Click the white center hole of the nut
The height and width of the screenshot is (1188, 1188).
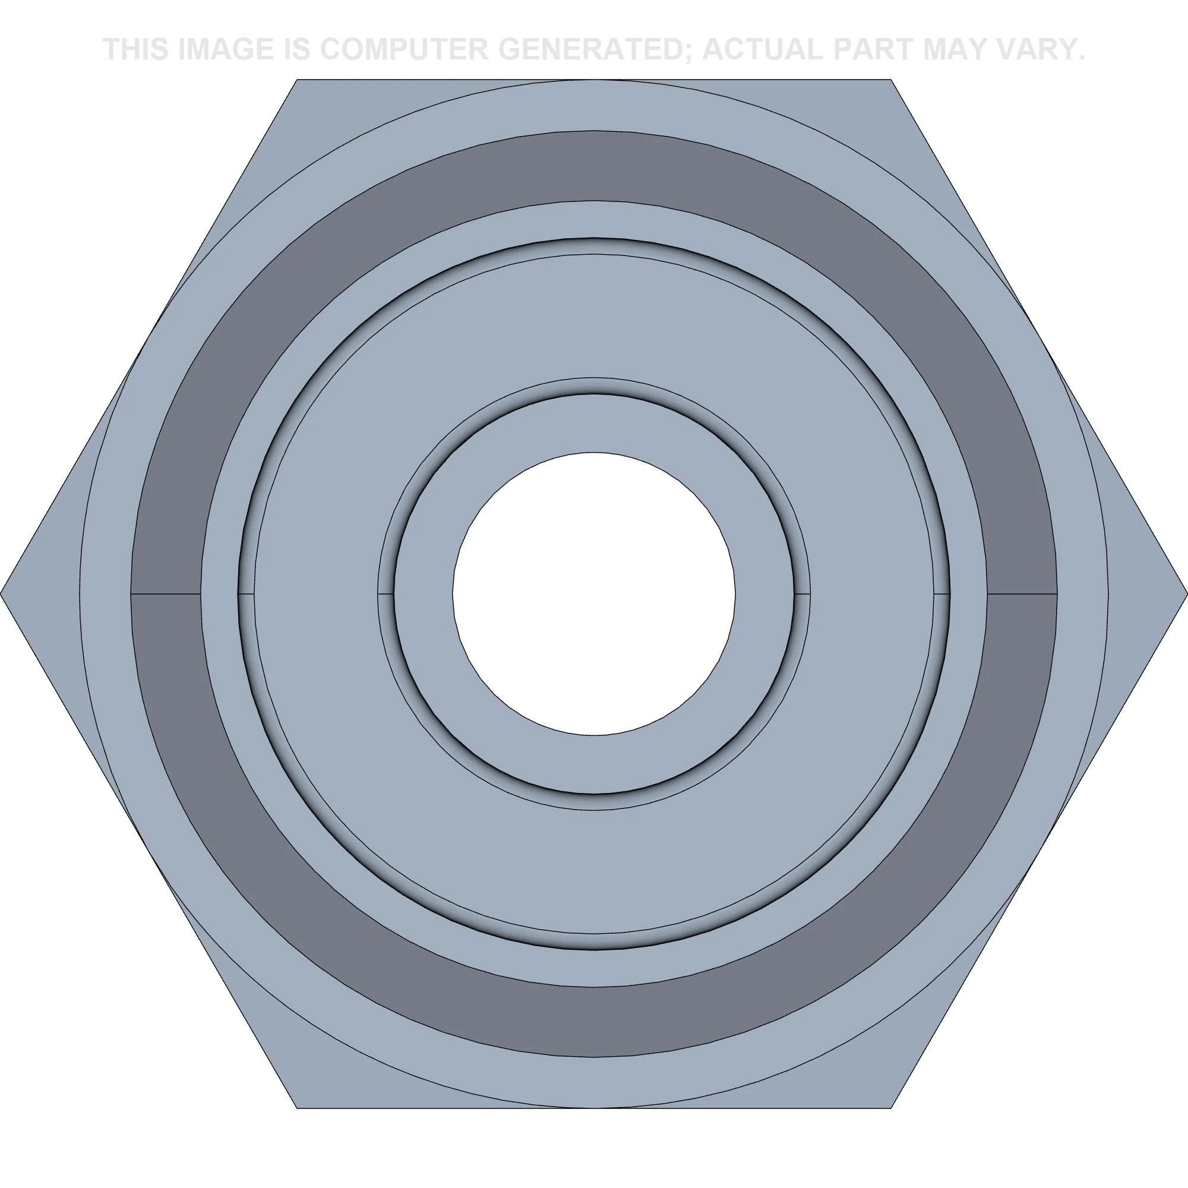593,594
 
